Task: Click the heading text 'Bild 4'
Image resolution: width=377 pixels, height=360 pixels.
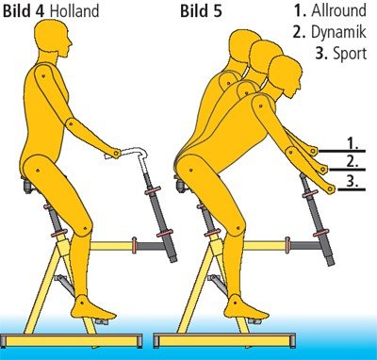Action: click(x=24, y=11)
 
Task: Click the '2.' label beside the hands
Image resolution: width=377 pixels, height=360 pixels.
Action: click(x=352, y=160)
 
